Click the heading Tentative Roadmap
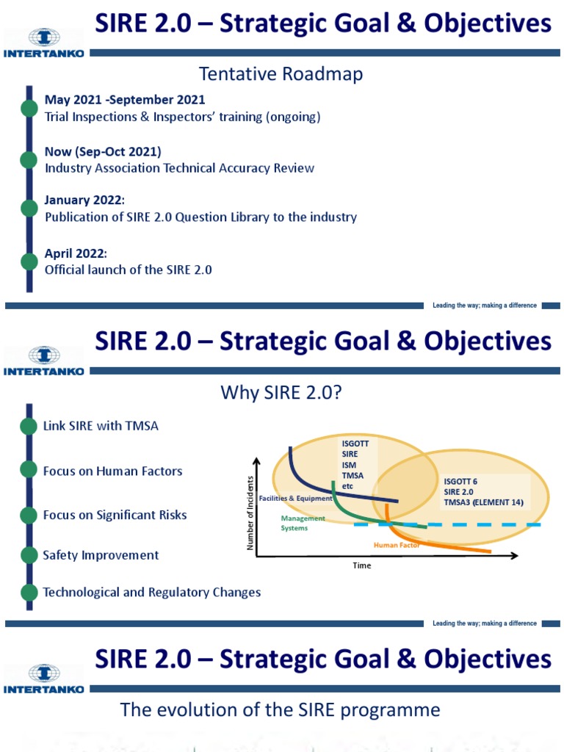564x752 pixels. tap(281, 74)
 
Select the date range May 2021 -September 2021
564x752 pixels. tap(125, 100)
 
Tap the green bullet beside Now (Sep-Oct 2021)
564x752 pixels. tap(29, 159)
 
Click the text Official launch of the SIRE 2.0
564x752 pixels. tap(128, 270)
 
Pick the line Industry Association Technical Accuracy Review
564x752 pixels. tap(179, 168)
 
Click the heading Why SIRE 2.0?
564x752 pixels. tap(281, 394)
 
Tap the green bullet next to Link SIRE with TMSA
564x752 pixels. tap(29, 427)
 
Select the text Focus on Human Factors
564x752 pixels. tap(112, 471)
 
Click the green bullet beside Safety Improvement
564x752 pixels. tap(29, 555)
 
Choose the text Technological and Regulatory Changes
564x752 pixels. tap(152, 592)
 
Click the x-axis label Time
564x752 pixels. tap(362, 565)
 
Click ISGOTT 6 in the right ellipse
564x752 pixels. tap(461, 482)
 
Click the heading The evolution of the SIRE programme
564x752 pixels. tap(280, 710)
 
